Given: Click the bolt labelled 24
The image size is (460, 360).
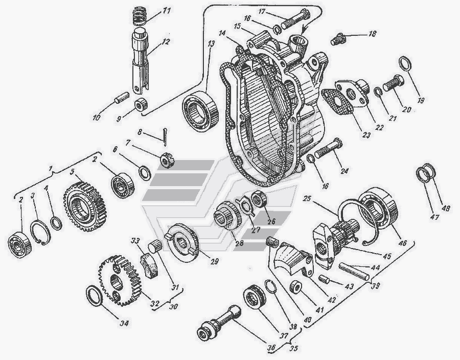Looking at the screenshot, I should pyautogui.click(x=327, y=150).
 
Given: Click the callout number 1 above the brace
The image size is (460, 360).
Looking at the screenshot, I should pyautogui.click(x=49, y=168).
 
